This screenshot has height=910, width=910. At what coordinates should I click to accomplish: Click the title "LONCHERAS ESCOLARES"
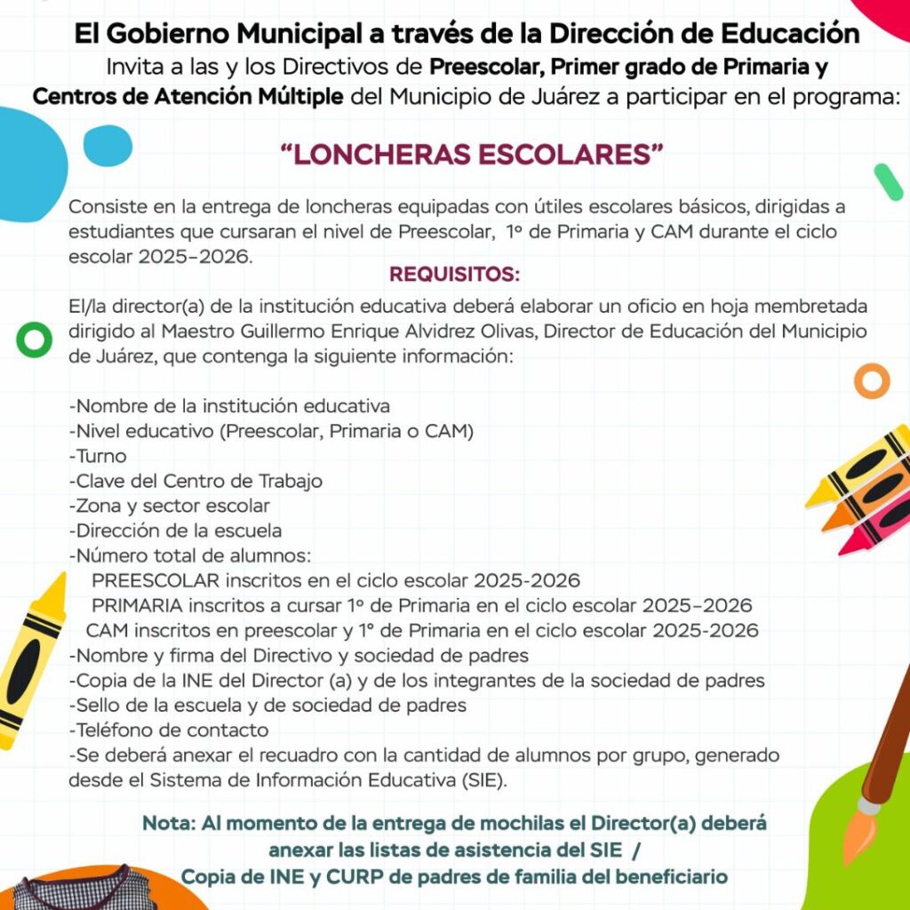click(x=472, y=155)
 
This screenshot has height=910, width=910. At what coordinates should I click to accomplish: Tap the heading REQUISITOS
click(x=454, y=273)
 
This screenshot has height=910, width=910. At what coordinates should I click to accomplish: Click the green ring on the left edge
click(x=34, y=339)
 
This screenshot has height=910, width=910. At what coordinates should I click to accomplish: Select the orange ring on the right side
click(x=872, y=380)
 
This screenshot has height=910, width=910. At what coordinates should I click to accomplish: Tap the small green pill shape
click(x=888, y=182)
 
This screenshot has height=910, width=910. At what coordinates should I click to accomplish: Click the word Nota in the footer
click(x=168, y=823)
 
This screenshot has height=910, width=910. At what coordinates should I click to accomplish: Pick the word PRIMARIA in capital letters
click(x=138, y=606)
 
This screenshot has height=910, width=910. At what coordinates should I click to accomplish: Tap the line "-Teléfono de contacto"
click(x=169, y=730)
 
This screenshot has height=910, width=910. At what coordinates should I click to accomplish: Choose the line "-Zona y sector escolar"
click(x=170, y=507)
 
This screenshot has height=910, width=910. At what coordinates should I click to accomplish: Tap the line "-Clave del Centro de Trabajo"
click(x=196, y=482)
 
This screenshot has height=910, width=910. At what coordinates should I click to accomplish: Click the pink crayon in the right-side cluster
click(x=874, y=528)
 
